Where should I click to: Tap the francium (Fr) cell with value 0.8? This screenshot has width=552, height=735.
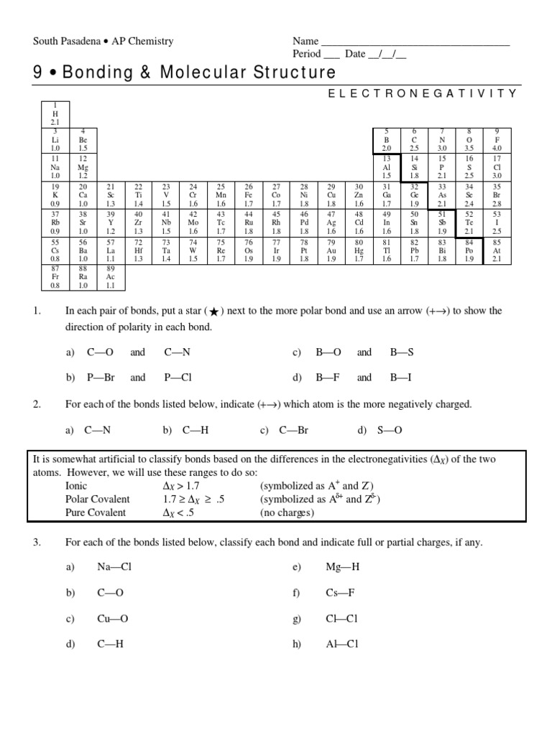[55, 276]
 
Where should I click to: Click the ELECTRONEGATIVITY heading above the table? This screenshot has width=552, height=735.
[422, 93]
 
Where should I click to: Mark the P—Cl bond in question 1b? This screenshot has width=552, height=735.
[178, 377]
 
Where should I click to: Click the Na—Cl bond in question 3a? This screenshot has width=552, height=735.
[114, 566]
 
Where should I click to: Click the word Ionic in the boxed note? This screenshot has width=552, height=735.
[77, 486]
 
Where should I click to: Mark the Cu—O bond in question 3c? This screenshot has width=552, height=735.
[113, 618]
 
